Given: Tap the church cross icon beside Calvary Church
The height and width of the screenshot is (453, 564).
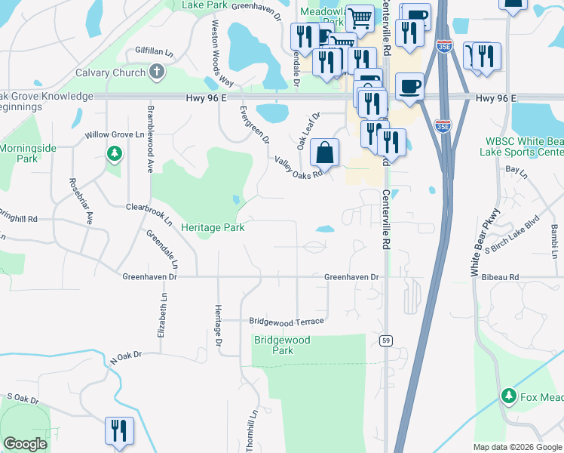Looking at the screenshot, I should pyautogui.click(x=157, y=72).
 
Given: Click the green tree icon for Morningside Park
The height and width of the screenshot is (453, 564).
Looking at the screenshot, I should pyautogui.click(x=114, y=155).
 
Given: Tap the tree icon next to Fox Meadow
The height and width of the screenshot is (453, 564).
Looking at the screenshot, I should pyautogui.click(x=509, y=396).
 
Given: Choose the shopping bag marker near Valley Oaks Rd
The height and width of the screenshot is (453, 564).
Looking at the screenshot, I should pyautogui.click(x=324, y=153).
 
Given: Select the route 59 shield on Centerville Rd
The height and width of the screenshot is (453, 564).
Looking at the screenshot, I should pyautogui.click(x=385, y=341).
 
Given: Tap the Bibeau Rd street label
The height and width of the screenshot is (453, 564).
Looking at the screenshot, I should pyautogui.click(x=503, y=278).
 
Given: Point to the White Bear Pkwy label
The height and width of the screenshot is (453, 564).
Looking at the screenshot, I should pyautogui.click(x=486, y=242).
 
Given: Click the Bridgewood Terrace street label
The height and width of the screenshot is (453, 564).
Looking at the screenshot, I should pyautogui.click(x=287, y=322).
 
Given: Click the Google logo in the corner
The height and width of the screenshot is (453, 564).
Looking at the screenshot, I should pyautogui.click(x=25, y=444).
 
